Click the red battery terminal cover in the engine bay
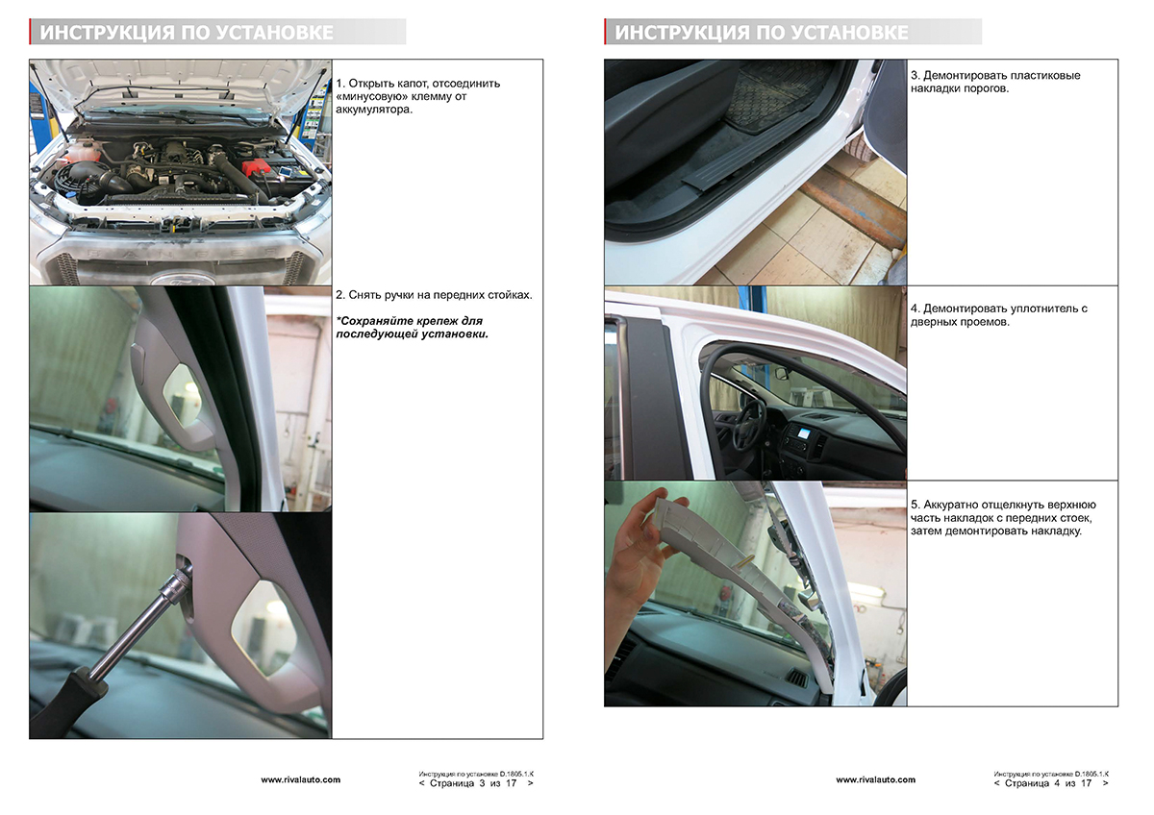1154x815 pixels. [257, 167]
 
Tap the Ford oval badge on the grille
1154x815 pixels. [183, 280]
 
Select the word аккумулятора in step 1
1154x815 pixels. [374, 110]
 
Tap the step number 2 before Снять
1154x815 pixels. [339, 295]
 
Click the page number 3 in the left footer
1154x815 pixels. [482, 783]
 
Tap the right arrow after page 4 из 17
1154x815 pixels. [1105, 783]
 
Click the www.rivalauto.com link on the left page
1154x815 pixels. [300, 779]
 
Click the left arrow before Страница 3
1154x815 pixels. [422, 783]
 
